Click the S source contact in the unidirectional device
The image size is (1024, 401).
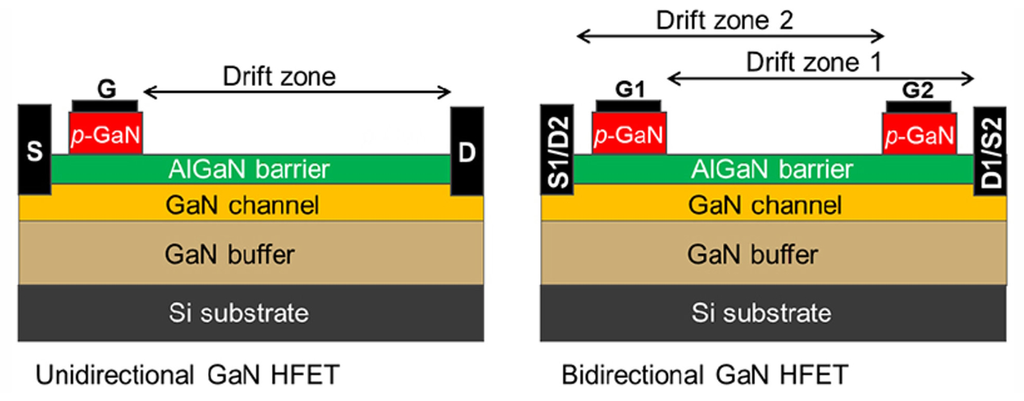34,150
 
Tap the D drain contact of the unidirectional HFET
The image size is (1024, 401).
467,151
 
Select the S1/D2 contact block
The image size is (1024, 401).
557,150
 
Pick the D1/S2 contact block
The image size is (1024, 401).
990,151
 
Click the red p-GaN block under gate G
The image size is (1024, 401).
106,134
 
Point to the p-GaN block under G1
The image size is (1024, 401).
629,134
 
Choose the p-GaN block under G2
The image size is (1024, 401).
919,134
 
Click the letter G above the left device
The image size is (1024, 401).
107,89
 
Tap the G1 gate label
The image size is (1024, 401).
630,89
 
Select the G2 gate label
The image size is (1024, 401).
918,90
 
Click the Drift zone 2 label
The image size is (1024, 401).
724,21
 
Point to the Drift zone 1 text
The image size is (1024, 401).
814,62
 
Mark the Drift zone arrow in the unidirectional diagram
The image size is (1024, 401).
297,92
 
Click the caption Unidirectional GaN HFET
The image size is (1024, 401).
187,375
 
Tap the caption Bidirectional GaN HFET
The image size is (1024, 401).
704,375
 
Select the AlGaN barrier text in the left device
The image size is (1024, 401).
249,169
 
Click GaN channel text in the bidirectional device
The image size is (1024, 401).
765,205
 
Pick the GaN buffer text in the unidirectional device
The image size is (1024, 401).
229,254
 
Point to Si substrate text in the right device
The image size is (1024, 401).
761,313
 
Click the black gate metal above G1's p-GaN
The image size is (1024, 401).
628,106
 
